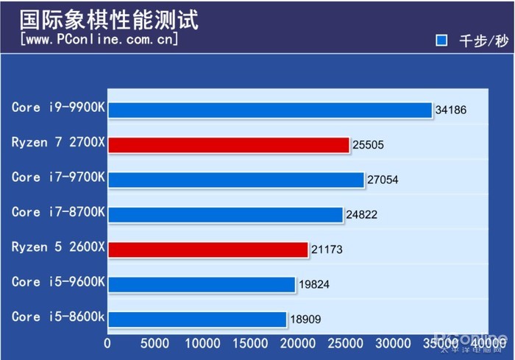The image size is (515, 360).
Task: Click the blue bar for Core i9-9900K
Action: click(269, 110)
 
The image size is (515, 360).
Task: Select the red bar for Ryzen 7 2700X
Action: click(228, 145)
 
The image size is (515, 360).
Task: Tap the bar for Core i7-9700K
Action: click(235, 180)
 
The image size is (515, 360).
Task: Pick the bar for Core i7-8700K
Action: click(225, 214)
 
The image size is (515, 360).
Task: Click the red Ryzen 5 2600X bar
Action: click(207, 250)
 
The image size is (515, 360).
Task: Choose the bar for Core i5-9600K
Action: click(201, 284)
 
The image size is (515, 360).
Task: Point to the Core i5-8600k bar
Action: click(196, 319)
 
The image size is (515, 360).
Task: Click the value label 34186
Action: click(451, 110)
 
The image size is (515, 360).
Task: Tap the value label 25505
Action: click(368, 146)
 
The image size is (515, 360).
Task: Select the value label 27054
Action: click(383, 180)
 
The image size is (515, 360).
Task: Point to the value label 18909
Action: click(305, 320)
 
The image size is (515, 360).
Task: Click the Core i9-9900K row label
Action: click(59, 107)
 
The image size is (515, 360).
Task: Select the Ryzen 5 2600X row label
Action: click(59, 247)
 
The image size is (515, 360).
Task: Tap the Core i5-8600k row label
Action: click(59, 317)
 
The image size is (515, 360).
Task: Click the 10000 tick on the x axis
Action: click(202, 343)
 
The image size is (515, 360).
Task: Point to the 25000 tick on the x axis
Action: click(346, 343)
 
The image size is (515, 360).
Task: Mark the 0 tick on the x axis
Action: click(108, 343)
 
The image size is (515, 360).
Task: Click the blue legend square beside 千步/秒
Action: click(441, 40)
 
